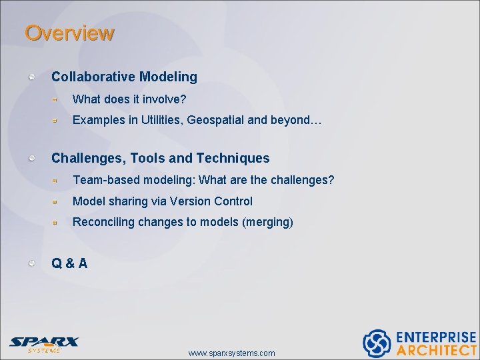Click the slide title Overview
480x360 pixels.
tap(69, 33)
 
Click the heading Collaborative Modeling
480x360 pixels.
tap(124, 77)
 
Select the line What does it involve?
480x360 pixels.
tap(129, 99)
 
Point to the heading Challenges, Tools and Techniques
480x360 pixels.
tap(161, 158)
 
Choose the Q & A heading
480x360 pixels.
tap(69, 263)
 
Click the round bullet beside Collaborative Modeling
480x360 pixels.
tap(32, 77)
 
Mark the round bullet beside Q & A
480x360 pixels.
tap(32, 263)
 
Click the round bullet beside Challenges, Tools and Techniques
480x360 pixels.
tap(32, 158)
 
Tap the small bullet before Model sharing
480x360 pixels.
tap(57, 201)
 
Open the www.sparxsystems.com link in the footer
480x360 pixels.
tap(231, 353)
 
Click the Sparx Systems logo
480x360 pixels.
tap(44, 343)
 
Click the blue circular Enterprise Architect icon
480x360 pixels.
tap(376, 343)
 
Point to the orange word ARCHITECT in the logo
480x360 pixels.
tap(436, 350)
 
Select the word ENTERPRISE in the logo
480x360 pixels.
tap(436, 337)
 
